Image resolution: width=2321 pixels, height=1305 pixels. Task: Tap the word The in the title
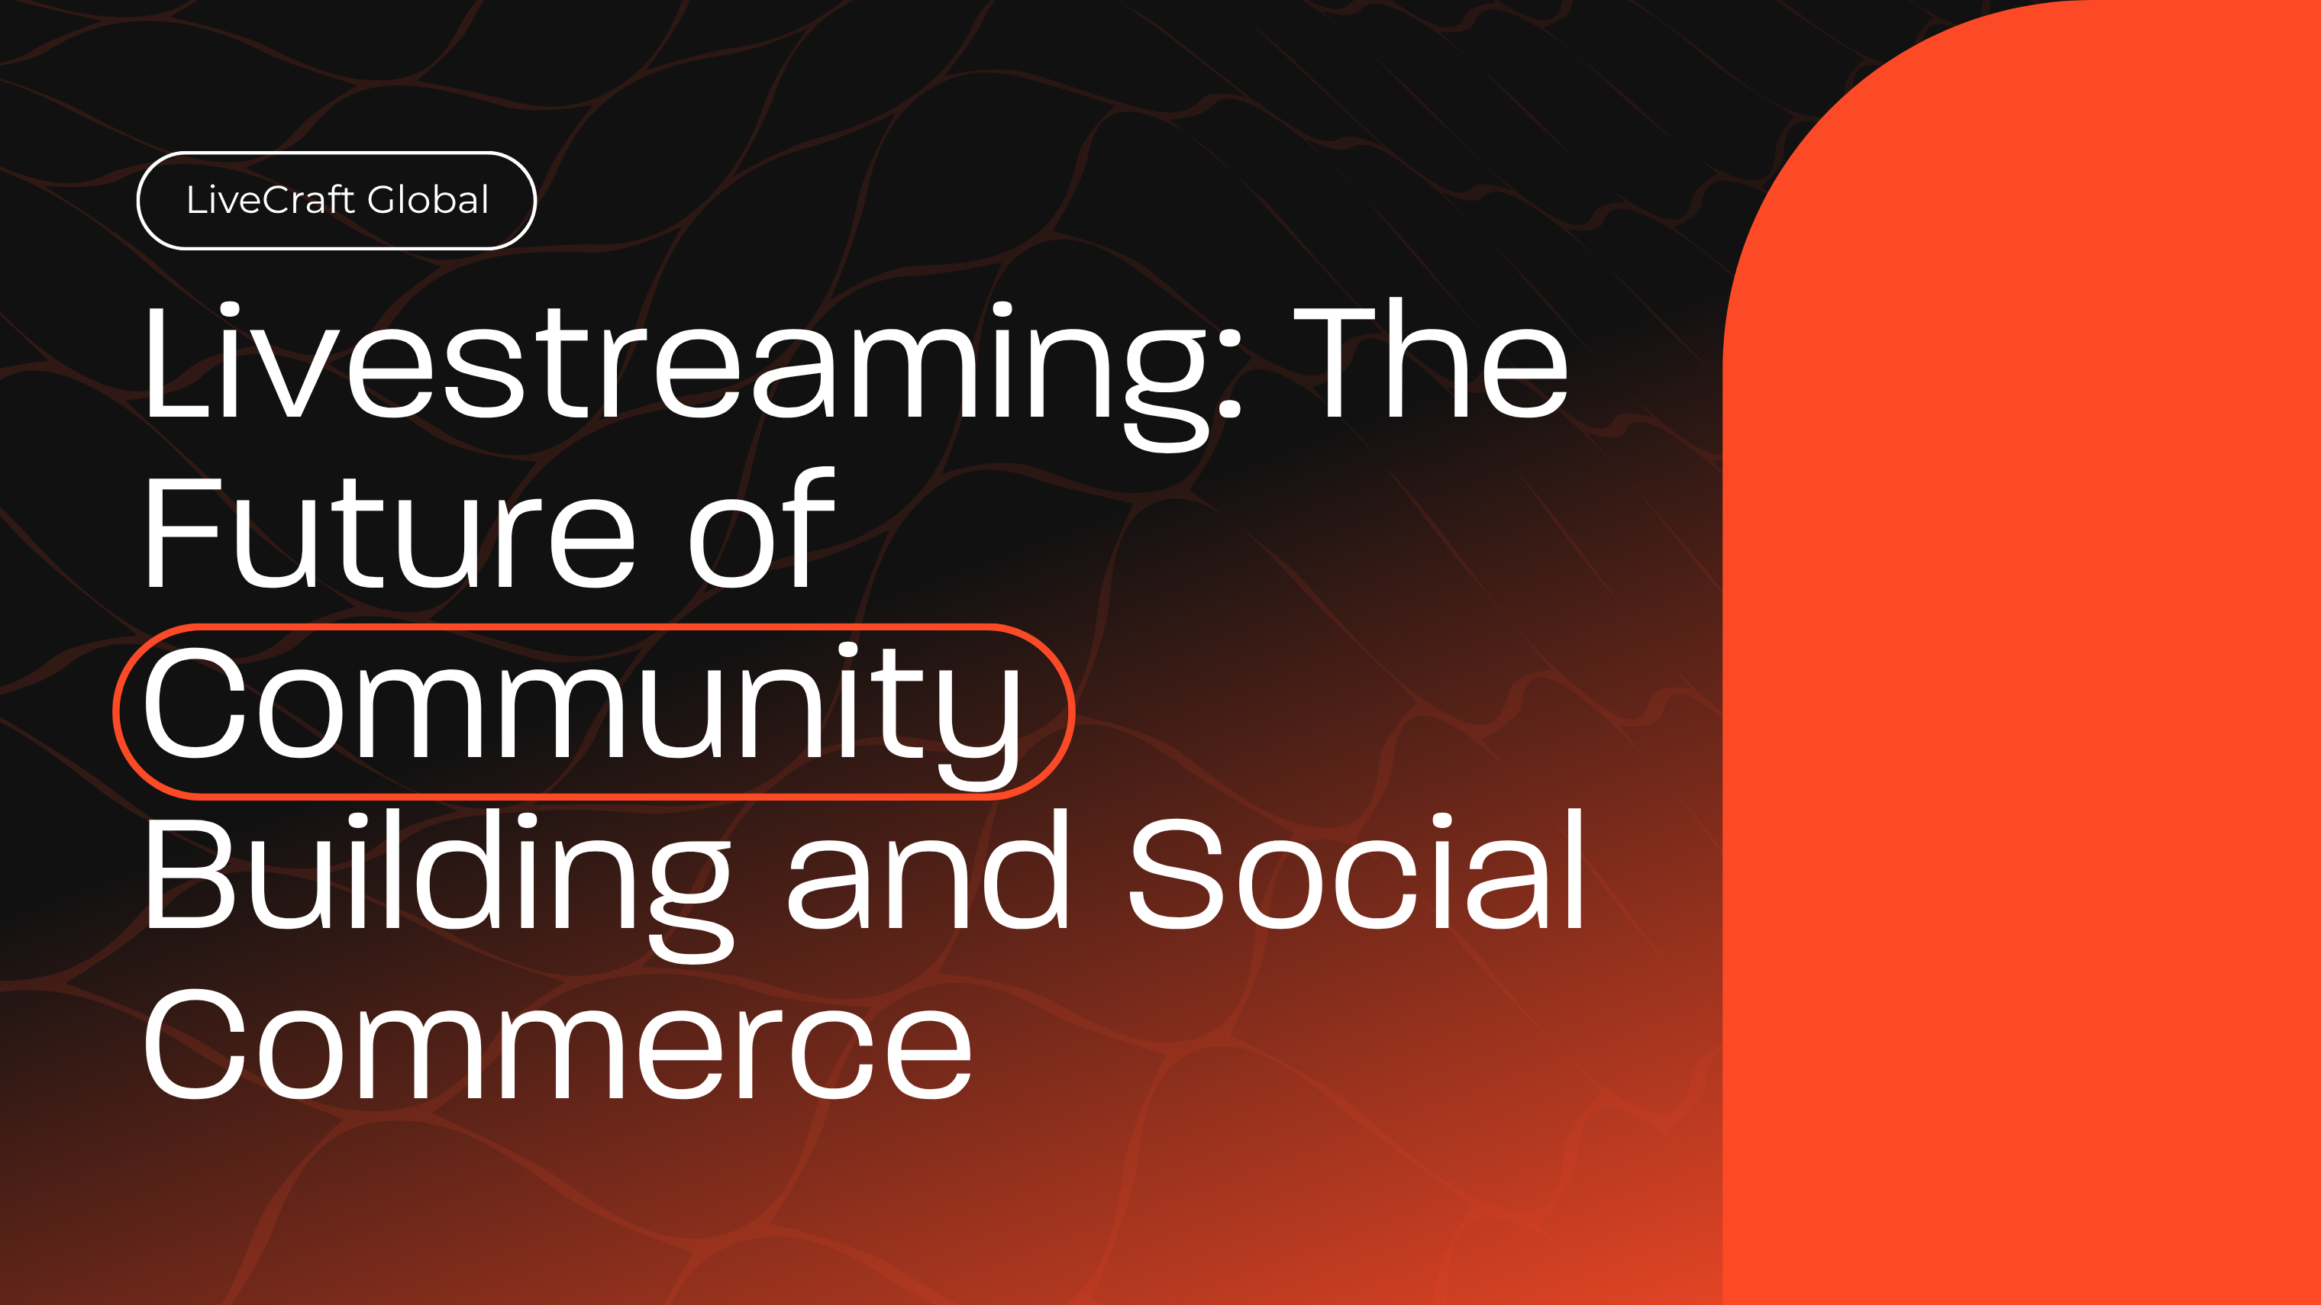coord(1432,360)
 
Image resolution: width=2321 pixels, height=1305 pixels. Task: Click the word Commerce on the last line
coord(557,1044)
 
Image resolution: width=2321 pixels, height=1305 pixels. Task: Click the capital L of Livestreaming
coord(177,360)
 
